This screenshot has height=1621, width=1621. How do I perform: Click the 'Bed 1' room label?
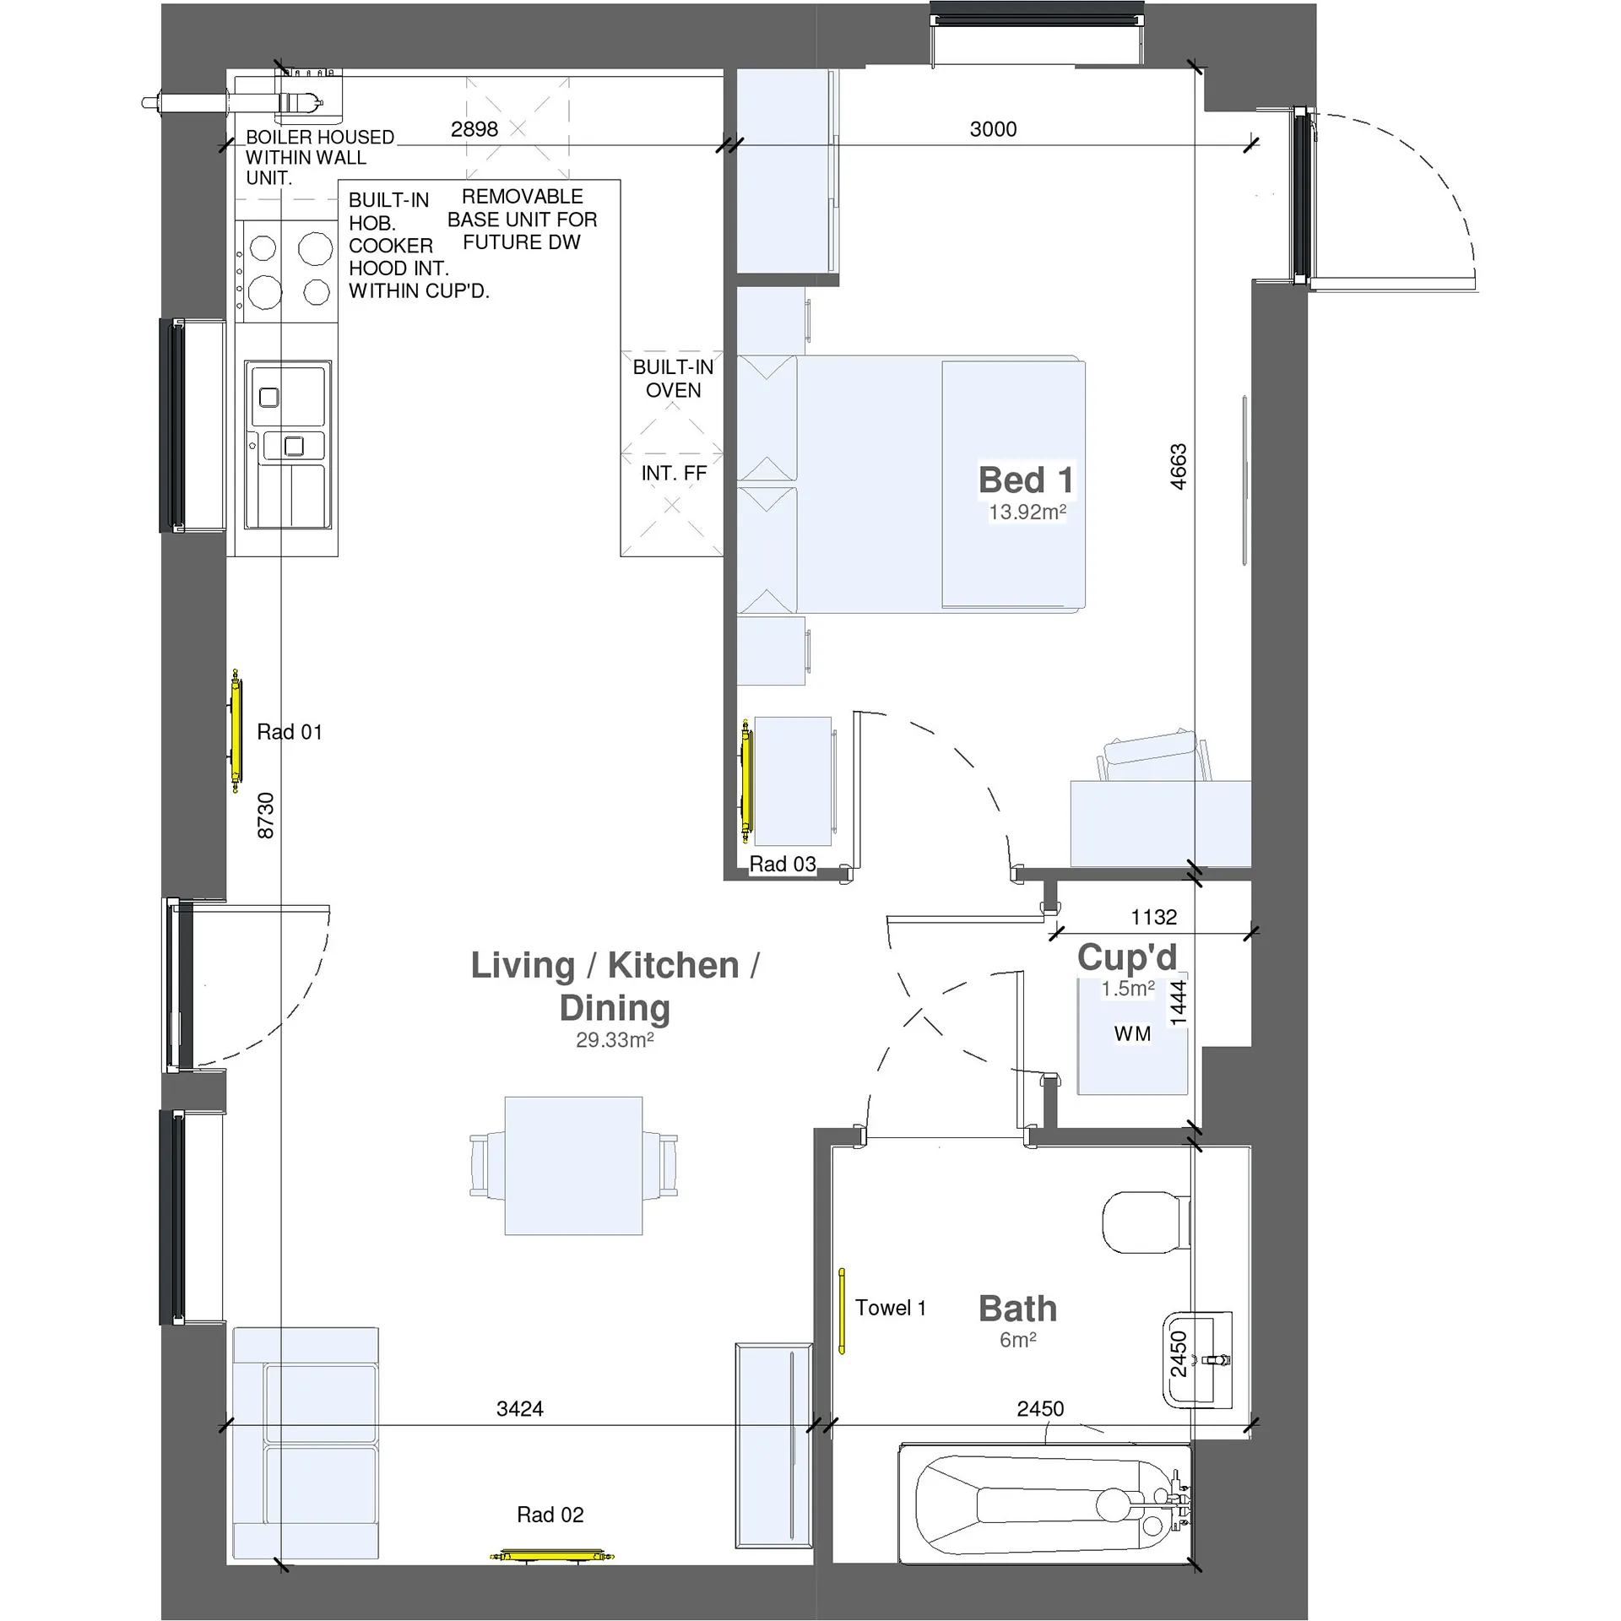pyautogui.click(x=1026, y=480)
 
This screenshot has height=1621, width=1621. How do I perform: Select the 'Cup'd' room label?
pyautogui.click(x=1127, y=957)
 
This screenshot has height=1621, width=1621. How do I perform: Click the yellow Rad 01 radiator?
pyautogui.click(x=236, y=730)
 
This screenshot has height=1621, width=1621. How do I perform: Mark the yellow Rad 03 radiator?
pyautogui.click(x=745, y=782)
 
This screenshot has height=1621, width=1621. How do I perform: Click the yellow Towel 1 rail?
pyautogui.click(x=842, y=1311)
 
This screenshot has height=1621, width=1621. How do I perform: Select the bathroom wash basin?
pyautogui.click(x=1197, y=1360)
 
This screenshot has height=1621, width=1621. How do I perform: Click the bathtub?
pyautogui.click(x=1045, y=1504)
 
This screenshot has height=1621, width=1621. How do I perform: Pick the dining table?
pyautogui.click(x=573, y=1166)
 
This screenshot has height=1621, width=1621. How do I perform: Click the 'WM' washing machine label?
pyautogui.click(x=1132, y=1034)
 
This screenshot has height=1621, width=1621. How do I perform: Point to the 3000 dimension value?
pyautogui.click(x=993, y=129)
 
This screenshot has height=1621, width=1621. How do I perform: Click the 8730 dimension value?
pyautogui.click(x=266, y=816)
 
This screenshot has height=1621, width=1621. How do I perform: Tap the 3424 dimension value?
pyautogui.click(x=520, y=1408)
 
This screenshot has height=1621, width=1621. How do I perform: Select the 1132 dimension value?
pyautogui.click(x=1154, y=917)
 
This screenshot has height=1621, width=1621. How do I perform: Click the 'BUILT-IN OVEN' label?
pyautogui.click(x=673, y=378)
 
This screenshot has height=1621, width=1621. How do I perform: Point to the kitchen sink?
pyautogui.click(x=288, y=445)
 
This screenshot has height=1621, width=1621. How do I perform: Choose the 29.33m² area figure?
pyautogui.click(x=615, y=1040)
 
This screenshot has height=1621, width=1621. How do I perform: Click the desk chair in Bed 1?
pyautogui.click(x=1153, y=755)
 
